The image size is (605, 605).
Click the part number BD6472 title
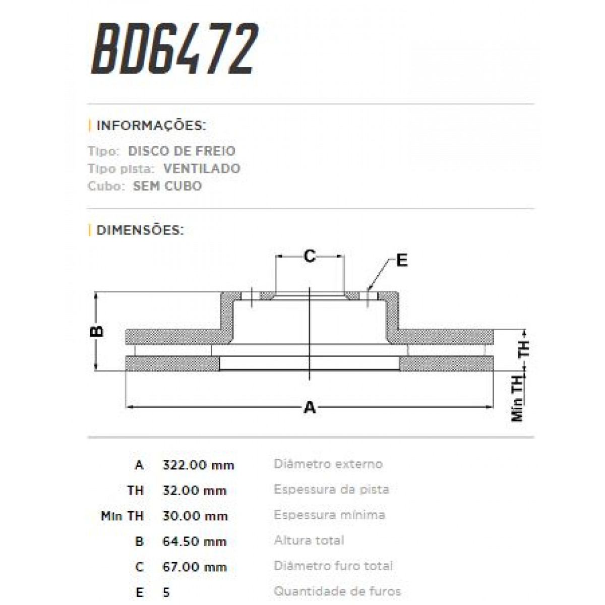[x=174, y=49]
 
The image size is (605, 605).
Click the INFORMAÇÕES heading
[x=151, y=126]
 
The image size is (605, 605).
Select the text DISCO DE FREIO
[x=181, y=151]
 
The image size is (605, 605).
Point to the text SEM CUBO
[x=167, y=186]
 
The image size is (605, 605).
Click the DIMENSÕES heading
[x=140, y=230]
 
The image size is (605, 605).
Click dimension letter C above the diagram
[x=310, y=256]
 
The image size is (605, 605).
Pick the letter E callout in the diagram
[x=401, y=261]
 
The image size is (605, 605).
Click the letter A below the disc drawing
[x=310, y=407]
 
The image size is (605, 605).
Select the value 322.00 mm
[x=198, y=465]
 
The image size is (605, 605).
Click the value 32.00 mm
[x=194, y=491]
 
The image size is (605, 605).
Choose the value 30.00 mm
[x=194, y=516]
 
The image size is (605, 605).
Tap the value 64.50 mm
[x=194, y=541]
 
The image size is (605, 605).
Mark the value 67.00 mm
[x=194, y=567]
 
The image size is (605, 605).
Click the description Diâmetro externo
[x=328, y=464]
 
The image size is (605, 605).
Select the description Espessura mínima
[x=329, y=515]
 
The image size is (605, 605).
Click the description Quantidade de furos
[x=337, y=591]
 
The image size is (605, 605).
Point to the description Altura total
[x=309, y=540]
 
